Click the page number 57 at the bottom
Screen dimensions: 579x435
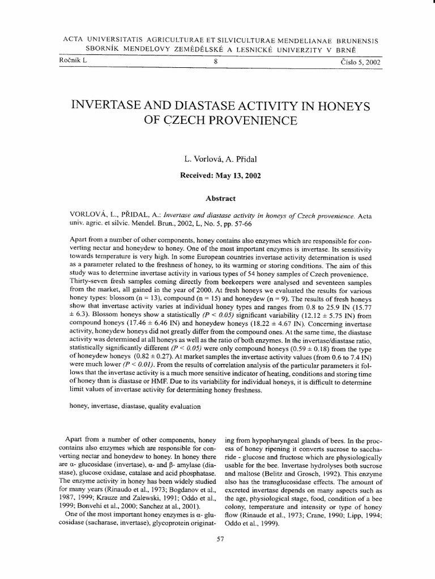(x=221, y=539)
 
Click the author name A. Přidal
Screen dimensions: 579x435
(x=244, y=161)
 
